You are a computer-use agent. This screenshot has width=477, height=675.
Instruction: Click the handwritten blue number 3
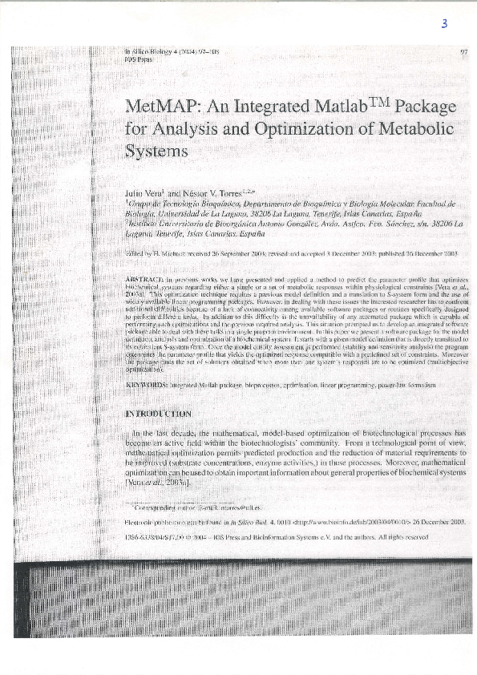pyautogui.click(x=443, y=24)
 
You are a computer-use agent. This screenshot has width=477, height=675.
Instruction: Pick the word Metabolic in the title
pyautogui.click(x=412, y=128)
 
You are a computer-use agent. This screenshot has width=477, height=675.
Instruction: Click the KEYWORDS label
pyautogui.click(x=148, y=386)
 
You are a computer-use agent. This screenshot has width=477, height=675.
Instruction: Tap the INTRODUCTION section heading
pyautogui.click(x=158, y=414)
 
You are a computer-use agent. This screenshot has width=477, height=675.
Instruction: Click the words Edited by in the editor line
pyautogui.click(x=140, y=252)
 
